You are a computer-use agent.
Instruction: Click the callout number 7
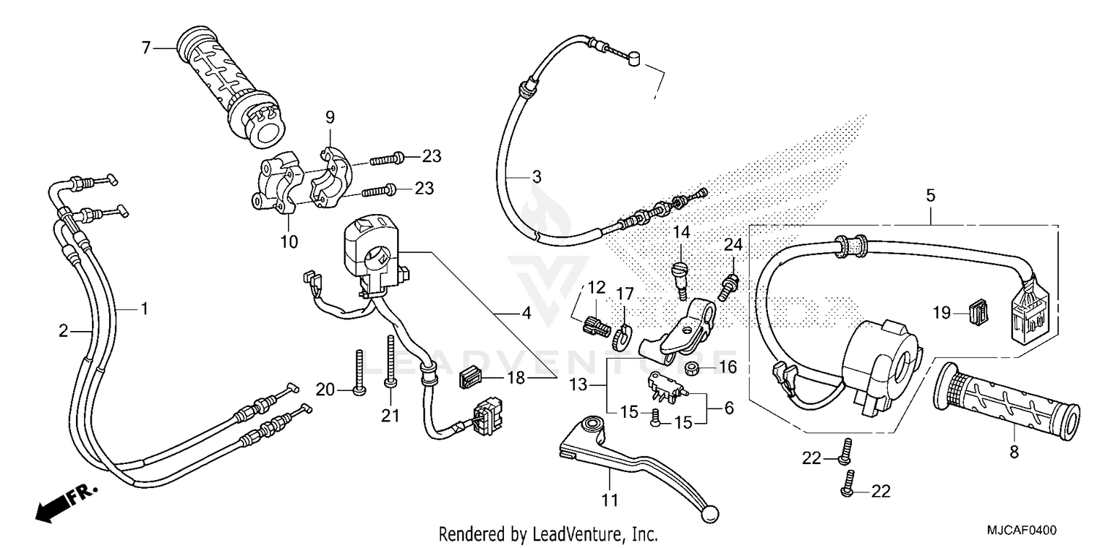[x=146, y=48]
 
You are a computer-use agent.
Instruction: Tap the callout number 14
[x=682, y=233]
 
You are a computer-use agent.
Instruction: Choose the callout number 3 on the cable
[x=536, y=177]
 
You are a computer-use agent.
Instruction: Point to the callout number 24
[x=734, y=245]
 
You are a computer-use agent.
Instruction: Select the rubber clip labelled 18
[x=470, y=378]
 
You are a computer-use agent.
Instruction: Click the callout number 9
[x=330, y=117]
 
